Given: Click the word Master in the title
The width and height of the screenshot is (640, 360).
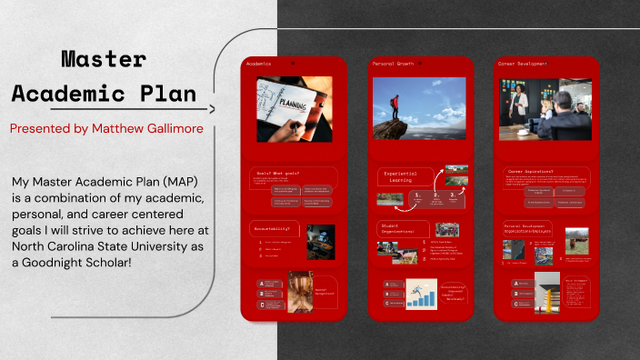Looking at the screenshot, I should click(104, 60).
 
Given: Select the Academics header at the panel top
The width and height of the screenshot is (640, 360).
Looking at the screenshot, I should click(259, 64).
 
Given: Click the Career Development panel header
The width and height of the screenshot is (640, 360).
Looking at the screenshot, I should click(523, 64).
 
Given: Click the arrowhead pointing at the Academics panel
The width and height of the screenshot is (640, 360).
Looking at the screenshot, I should click(212, 109).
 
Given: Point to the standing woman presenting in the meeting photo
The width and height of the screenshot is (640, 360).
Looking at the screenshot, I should click(521, 105).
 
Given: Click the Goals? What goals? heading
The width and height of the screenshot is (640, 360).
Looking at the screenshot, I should click(278, 171).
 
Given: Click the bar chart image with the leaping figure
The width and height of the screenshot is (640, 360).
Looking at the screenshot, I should click(422, 295).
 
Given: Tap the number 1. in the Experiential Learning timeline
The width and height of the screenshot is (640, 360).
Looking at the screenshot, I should click(416, 194).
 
